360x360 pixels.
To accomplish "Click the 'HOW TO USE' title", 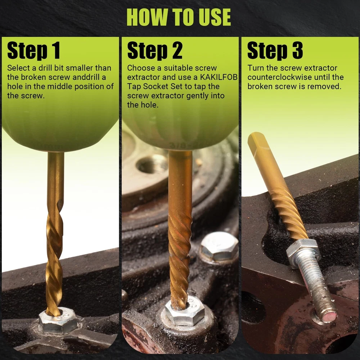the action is click(179, 17).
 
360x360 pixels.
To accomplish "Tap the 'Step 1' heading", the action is click(34, 50).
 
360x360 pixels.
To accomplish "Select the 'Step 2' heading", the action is click(155, 50).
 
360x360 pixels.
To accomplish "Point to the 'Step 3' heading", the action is click(275, 50).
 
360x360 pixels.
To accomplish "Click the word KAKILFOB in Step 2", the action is click(219, 77).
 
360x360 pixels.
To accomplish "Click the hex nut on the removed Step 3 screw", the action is click(303, 253).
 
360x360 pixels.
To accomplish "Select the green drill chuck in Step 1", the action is click(60, 129).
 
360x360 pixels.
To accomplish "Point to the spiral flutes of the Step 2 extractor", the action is click(180, 260).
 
